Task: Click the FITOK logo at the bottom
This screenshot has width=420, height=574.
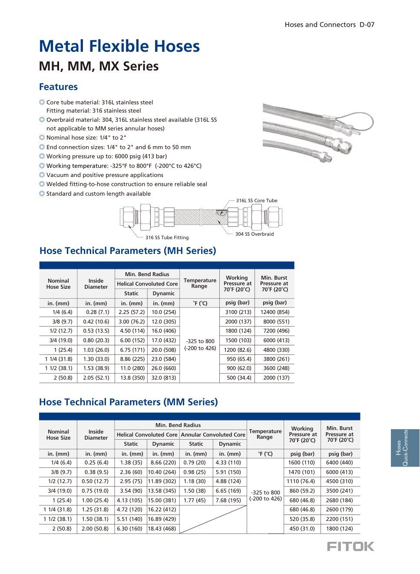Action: [350, 547]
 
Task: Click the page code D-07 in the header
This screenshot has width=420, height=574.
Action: [367, 25]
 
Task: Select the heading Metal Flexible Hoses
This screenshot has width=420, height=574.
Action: [119, 46]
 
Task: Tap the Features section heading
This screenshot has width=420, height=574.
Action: [58, 87]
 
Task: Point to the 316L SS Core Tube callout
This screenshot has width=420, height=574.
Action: [256, 201]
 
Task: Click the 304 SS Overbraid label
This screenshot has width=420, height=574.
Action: [254, 234]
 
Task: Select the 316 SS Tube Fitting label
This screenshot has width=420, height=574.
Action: [167, 238]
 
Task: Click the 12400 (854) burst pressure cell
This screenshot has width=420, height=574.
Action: [274, 312]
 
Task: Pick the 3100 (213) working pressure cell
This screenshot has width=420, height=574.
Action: [238, 312]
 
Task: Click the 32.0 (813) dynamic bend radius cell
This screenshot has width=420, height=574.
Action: [163, 378]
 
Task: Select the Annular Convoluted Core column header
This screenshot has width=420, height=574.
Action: [213, 435]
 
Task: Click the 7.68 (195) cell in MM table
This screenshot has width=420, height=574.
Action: [228, 501]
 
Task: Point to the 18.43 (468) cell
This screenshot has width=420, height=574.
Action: [162, 529]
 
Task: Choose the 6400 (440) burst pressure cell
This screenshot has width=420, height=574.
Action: [339, 463]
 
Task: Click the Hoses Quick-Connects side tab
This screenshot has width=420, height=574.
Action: [402, 448]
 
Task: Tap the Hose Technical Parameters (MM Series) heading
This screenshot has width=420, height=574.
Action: [128, 402]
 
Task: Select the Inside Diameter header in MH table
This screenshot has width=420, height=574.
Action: [96, 284]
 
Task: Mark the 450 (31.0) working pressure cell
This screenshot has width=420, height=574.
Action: [302, 529]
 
